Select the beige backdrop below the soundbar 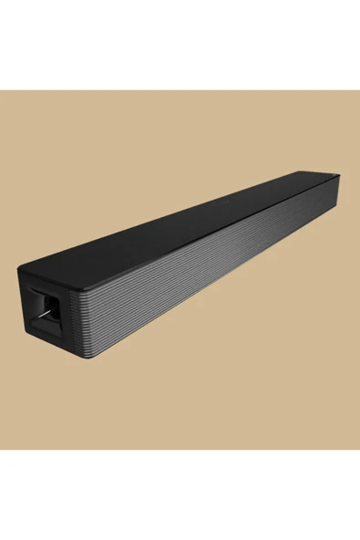[228, 383]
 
